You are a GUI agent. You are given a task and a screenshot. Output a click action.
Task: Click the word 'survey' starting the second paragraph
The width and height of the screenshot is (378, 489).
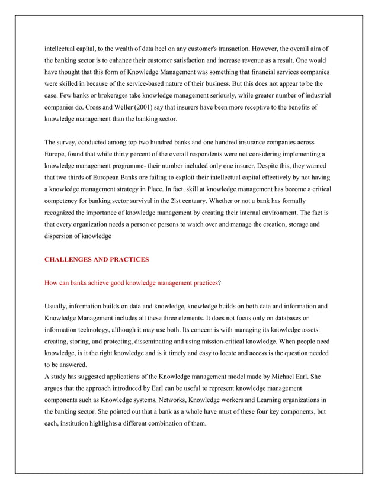[x=68, y=143]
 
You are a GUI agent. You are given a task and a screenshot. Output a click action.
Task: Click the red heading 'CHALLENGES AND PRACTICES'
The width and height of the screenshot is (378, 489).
[x=97, y=259]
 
